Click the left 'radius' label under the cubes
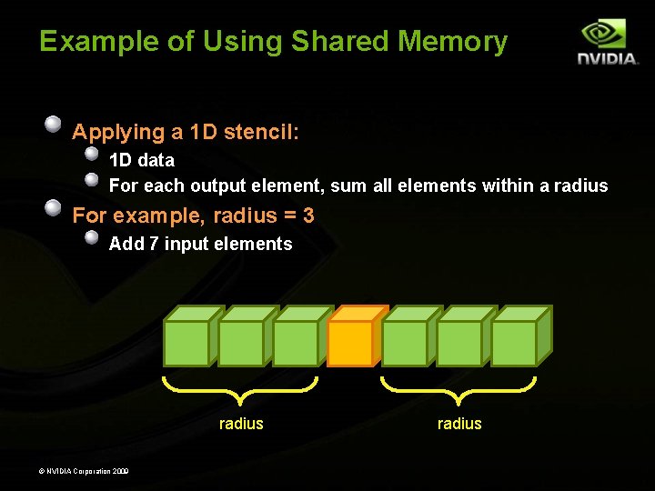(241, 424)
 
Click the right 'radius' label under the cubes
(459, 424)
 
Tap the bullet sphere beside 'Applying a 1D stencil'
(54, 124)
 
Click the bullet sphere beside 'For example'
(54, 207)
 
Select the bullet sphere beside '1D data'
(92, 153)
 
